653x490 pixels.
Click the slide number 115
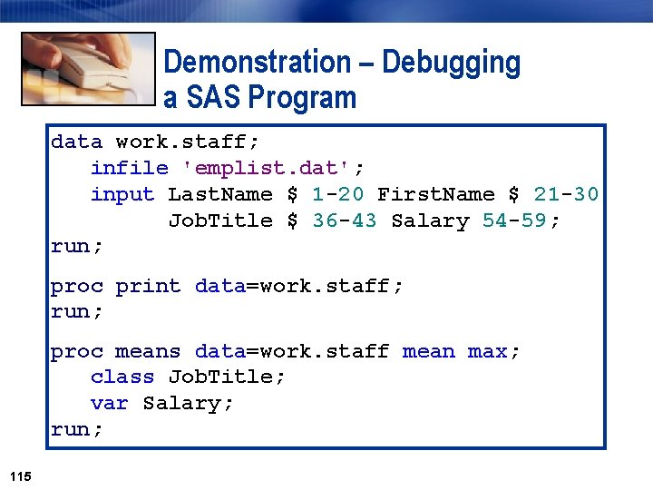click(20, 475)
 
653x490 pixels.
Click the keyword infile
click(129, 168)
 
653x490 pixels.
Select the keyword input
click(122, 194)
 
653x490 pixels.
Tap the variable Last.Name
click(220, 194)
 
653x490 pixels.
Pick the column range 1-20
click(337, 194)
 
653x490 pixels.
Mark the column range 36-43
click(344, 220)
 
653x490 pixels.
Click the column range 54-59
click(521, 220)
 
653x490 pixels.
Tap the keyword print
click(148, 287)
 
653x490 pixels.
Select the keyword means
click(148, 351)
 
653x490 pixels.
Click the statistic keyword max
click(488, 351)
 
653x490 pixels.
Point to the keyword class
click(122, 377)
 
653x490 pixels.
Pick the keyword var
click(109, 403)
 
